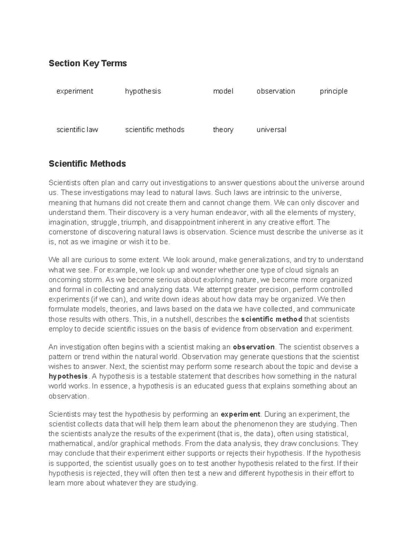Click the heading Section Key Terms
tap(88, 63)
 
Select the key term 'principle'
tap(333, 91)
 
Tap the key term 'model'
tap(223, 91)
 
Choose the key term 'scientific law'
tap(77, 130)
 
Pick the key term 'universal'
tap(271, 130)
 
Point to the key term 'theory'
tap(223, 130)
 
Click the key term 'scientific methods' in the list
tap(155, 130)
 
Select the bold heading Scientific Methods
tap(87, 164)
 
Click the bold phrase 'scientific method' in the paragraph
tap(272, 319)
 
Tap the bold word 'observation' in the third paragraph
tap(254, 347)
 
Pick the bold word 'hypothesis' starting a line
tap(68, 376)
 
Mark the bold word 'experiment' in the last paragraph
tap(240, 414)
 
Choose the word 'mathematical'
tap(71, 444)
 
